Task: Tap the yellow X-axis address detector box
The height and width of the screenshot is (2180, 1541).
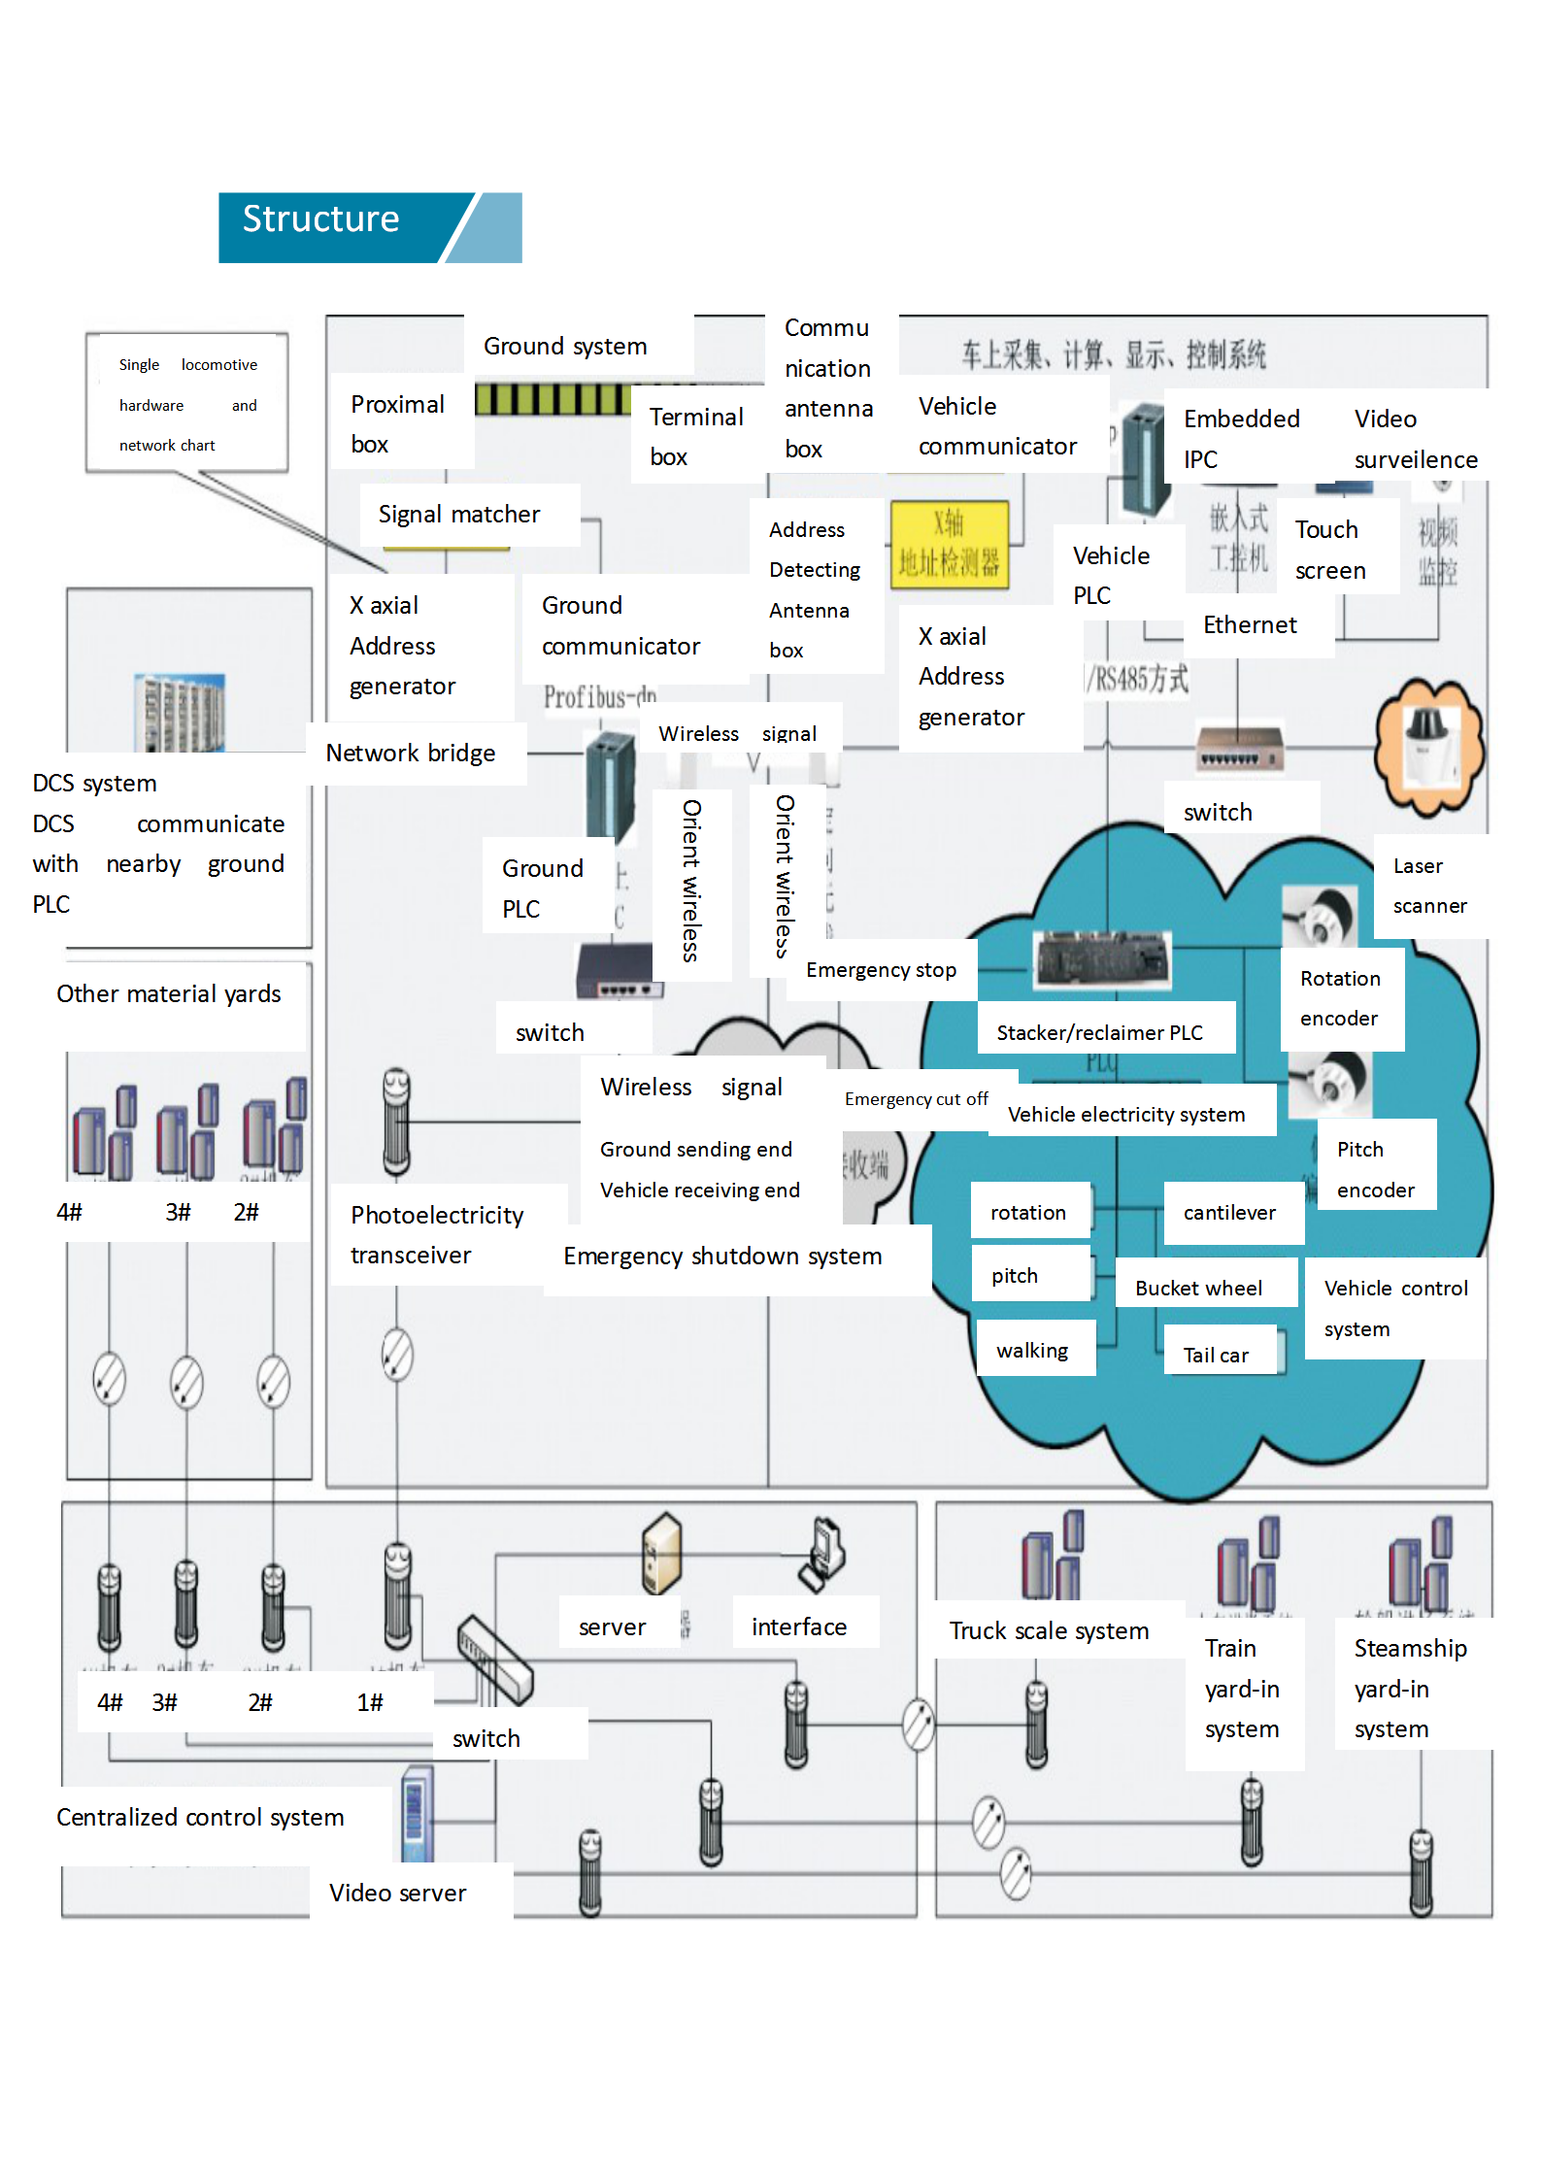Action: [x=949, y=545]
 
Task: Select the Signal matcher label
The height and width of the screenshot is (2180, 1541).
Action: [x=459, y=515]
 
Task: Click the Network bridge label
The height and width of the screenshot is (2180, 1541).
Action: [x=411, y=754]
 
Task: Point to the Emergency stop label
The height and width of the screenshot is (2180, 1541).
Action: [x=881, y=970]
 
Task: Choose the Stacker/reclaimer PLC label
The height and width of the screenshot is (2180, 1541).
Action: [x=1099, y=1032]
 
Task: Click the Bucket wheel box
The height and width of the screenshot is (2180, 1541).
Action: [x=1198, y=1288]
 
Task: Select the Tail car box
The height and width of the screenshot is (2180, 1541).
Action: [x=1216, y=1355]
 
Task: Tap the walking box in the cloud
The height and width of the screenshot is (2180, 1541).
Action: [x=1032, y=1351]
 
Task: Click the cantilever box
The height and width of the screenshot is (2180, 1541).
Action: [x=1229, y=1213]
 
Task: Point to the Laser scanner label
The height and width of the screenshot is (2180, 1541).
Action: [x=1429, y=886]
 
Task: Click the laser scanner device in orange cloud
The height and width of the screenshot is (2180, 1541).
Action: [x=1428, y=744]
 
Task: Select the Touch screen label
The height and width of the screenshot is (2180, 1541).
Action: [x=1330, y=550]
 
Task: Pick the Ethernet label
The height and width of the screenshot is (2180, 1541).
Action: [x=1250, y=625]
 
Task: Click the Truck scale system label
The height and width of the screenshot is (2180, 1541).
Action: [x=1049, y=1631]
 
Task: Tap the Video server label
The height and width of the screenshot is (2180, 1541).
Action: [x=397, y=1893]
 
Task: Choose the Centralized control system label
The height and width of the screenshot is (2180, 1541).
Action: [x=200, y=1818]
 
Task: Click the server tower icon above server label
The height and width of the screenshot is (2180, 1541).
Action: [x=661, y=1552]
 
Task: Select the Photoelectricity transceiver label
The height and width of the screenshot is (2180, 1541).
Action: [x=437, y=1235]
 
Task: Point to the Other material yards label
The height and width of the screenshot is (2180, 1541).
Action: [x=169, y=994]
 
